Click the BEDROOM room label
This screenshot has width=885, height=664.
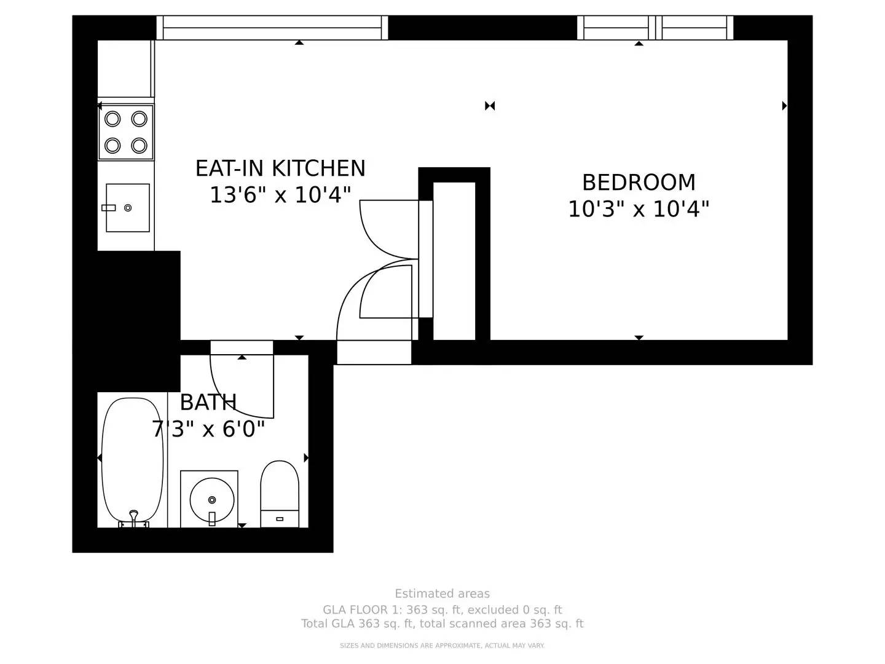[639, 182]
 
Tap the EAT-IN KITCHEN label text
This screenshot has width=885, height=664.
[280, 168]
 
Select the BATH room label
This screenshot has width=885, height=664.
[208, 402]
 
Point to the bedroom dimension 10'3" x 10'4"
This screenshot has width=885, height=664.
[639, 209]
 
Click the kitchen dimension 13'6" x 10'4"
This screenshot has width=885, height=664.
[280, 195]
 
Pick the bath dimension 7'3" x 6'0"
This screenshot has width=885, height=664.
[208, 429]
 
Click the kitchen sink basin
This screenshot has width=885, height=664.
[127, 208]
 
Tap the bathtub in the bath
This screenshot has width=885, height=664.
[132, 462]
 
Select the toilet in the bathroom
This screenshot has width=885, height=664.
[280, 494]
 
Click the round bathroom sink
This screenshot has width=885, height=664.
[211, 500]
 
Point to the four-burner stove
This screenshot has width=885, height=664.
[126, 132]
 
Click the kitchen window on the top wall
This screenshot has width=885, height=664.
[272, 28]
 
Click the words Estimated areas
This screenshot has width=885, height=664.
[442, 593]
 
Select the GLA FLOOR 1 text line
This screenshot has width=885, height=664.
[442, 609]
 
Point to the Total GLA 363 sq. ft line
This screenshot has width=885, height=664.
[442, 623]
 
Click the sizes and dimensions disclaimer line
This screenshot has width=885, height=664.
[442, 646]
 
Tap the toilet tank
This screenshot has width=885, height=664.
[280, 518]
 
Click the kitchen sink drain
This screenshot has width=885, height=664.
[128, 208]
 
